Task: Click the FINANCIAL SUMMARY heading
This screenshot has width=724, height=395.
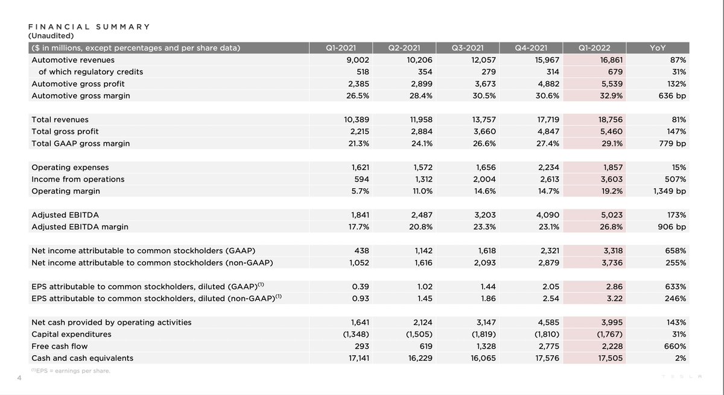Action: [x=89, y=27]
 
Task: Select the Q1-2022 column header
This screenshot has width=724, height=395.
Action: [x=594, y=48]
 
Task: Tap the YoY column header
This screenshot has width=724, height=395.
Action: [x=658, y=48]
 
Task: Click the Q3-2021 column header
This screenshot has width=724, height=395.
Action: [x=468, y=48]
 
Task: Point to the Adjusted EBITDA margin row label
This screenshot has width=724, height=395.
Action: [x=80, y=227]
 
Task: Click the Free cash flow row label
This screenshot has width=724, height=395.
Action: [x=59, y=346]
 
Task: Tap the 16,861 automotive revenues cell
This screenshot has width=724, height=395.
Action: [x=609, y=60]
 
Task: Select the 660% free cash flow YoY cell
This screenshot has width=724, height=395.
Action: [x=675, y=346]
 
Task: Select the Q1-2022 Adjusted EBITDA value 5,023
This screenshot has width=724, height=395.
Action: [x=610, y=215]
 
